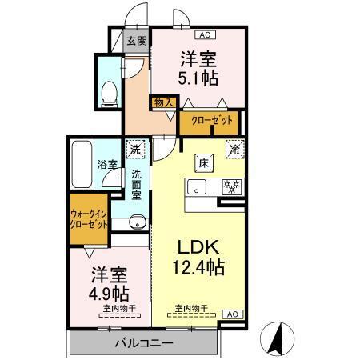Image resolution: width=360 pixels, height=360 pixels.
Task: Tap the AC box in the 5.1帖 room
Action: click(x=204, y=34)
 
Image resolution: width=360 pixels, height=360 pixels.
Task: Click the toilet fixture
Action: click(x=111, y=91)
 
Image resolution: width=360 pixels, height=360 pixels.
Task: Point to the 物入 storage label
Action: click(x=164, y=102)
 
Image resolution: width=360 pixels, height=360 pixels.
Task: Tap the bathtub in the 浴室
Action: click(x=82, y=164)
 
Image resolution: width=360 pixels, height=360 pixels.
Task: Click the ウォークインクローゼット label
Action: click(x=89, y=219)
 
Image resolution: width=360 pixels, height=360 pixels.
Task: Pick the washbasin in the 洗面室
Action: click(x=137, y=222)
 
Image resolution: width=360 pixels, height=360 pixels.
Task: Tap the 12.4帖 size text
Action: click(x=198, y=267)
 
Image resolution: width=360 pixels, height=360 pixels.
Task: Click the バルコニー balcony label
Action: click(x=143, y=342)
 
